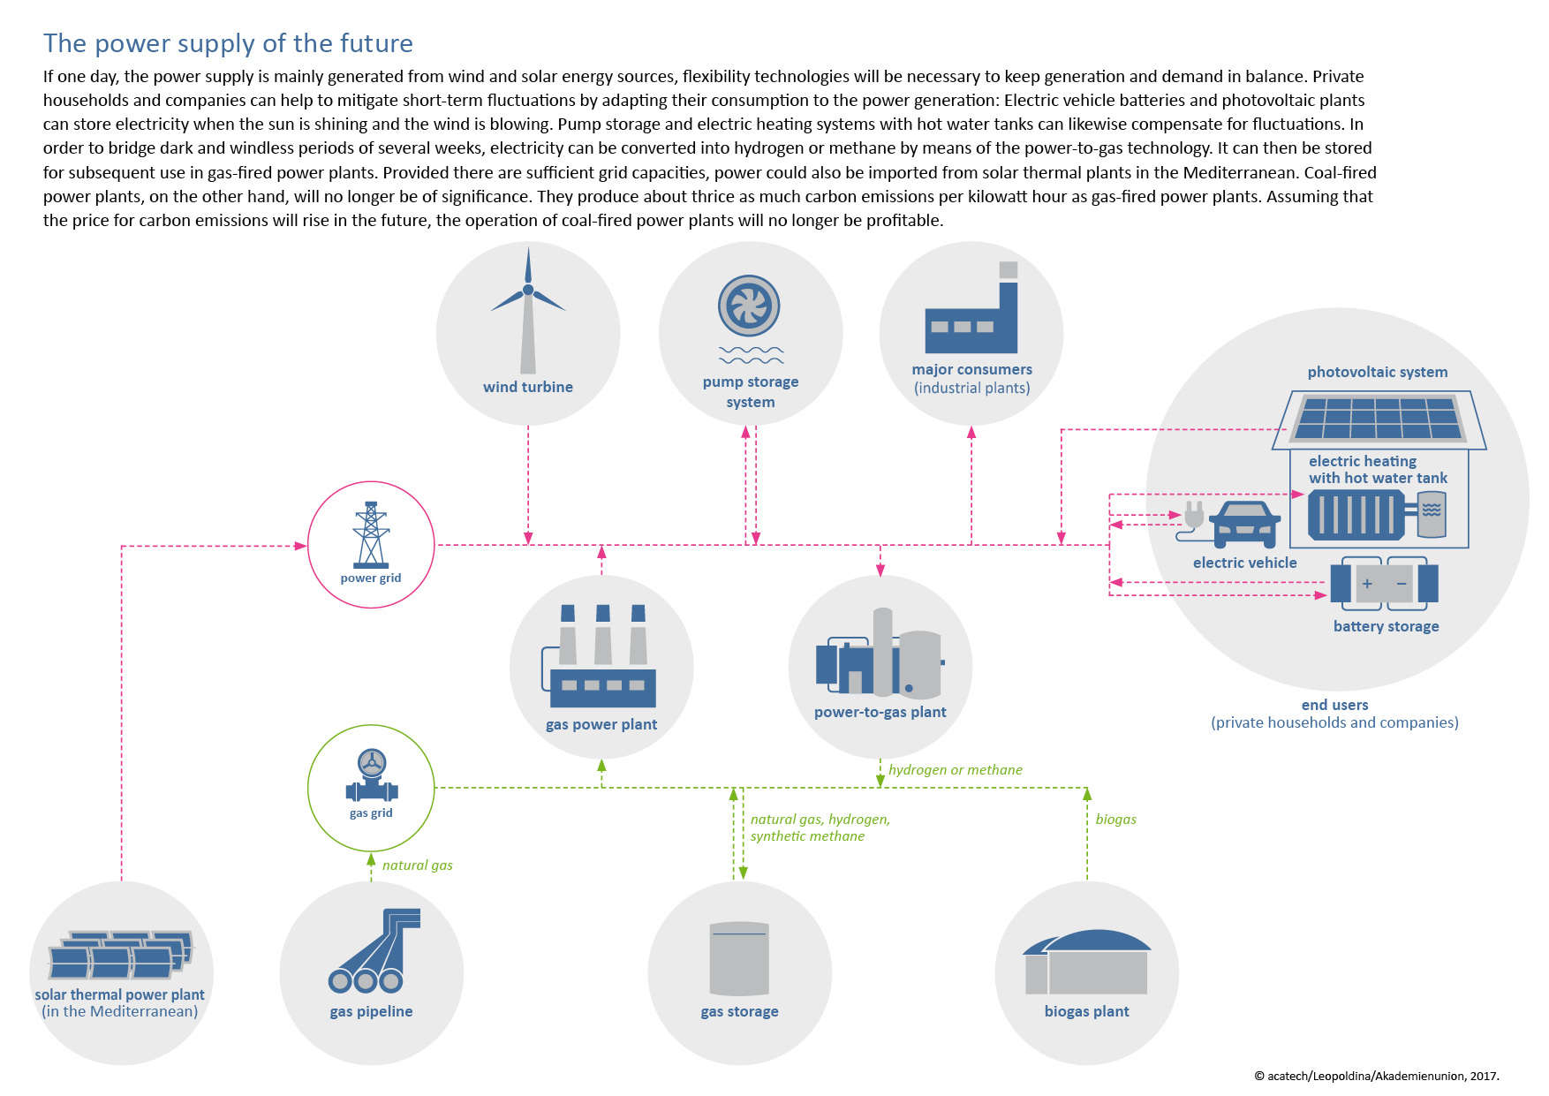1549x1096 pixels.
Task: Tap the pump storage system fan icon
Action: click(749, 306)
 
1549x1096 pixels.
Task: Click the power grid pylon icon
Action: click(371, 534)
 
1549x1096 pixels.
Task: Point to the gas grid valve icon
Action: click(372, 776)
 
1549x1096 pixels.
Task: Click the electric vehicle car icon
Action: click(1245, 524)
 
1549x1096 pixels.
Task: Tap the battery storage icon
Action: click(1384, 583)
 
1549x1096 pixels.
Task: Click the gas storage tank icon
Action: click(739, 959)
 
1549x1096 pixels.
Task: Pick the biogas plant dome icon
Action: click(1086, 962)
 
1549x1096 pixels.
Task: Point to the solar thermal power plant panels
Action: click(120, 955)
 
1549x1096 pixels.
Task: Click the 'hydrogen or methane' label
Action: click(956, 770)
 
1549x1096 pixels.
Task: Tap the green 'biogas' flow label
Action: click(1116, 820)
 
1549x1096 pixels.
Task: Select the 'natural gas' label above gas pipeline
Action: click(418, 865)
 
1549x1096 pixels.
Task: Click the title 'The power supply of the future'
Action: click(228, 43)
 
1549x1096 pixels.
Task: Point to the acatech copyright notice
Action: click(1377, 1076)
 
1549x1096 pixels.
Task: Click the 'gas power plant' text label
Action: click(601, 725)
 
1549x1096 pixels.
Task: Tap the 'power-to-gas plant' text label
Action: click(880, 713)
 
